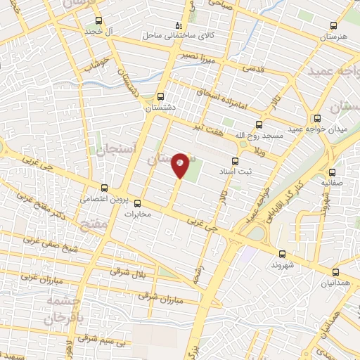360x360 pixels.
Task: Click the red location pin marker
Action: tap(180, 165)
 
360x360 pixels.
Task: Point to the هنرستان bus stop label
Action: tap(333, 36)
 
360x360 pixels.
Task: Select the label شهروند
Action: tap(281, 266)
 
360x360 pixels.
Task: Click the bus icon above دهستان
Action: tap(161, 96)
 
